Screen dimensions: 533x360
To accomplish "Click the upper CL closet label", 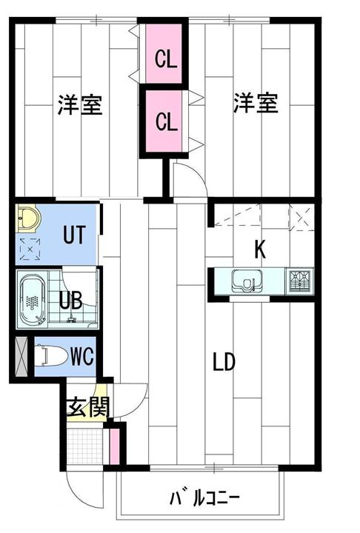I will pyautogui.click(x=166, y=58).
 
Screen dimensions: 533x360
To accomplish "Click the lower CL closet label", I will pyautogui.click(x=166, y=120).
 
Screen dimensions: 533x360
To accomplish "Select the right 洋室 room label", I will pyautogui.click(x=256, y=104).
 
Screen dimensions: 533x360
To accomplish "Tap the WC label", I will pyautogui.click(x=81, y=357).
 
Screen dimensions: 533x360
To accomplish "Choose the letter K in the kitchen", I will pyautogui.click(x=260, y=249).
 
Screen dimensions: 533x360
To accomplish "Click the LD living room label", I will pyautogui.click(x=224, y=363).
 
